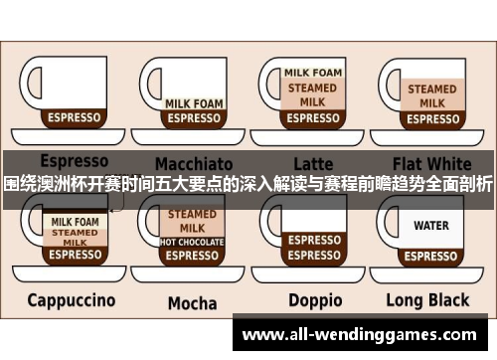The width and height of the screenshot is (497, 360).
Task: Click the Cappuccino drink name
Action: tap(71, 300)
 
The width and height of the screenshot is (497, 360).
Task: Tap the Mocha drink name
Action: tap(192, 302)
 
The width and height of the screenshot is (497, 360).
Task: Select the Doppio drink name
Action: tap(314, 300)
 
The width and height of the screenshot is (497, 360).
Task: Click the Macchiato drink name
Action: tap(192, 162)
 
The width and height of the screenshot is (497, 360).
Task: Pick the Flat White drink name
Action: tap(430, 162)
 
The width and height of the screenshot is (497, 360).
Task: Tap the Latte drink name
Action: tap(314, 162)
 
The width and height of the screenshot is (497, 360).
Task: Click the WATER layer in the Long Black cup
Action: tap(430, 226)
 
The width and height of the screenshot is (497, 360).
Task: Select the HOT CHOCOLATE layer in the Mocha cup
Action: tap(192, 242)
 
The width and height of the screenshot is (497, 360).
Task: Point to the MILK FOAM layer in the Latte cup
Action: tap(313, 73)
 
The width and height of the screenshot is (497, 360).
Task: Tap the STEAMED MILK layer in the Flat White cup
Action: tap(431, 94)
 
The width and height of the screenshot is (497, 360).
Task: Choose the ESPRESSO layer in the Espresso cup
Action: tap(74, 117)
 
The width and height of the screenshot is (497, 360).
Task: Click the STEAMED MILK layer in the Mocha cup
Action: tap(192, 221)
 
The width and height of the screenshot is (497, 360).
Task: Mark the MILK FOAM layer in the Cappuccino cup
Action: tap(75, 222)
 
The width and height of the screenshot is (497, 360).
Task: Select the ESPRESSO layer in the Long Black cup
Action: tap(430, 254)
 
